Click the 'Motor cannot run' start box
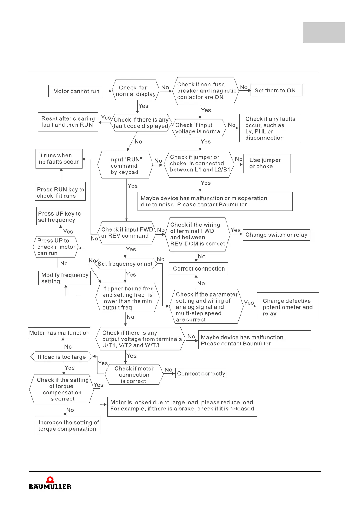click(x=76, y=91)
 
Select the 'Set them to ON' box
click(x=277, y=90)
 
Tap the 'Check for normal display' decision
click(x=136, y=91)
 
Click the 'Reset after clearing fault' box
click(x=68, y=122)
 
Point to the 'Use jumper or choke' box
click(x=267, y=164)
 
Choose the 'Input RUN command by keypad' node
click(x=125, y=166)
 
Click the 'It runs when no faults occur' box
click(x=59, y=159)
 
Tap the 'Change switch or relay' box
click(x=276, y=235)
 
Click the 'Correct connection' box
click(x=198, y=269)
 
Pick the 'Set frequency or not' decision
click(x=125, y=264)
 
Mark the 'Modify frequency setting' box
click(x=64, y=278)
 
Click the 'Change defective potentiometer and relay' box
click(x=288, y=307)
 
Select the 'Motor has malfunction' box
click(x=59, y=333)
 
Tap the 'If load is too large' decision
click(x=62, y=357)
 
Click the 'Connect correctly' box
click(x=201, y=374)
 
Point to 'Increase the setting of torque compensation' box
click(x=68, y=426)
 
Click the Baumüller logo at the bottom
click(x=50, y=483)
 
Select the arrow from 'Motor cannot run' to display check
click(x=107, y=91)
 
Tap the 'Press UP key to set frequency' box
click(x=59, y=216)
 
